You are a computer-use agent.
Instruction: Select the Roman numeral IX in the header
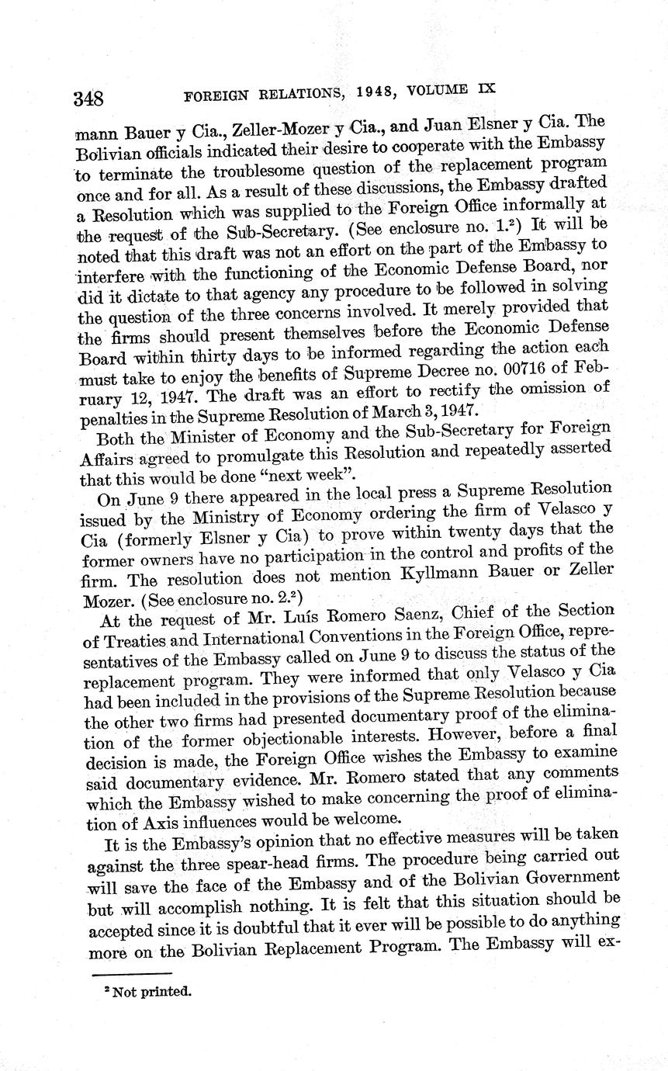[x=485, y=89]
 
